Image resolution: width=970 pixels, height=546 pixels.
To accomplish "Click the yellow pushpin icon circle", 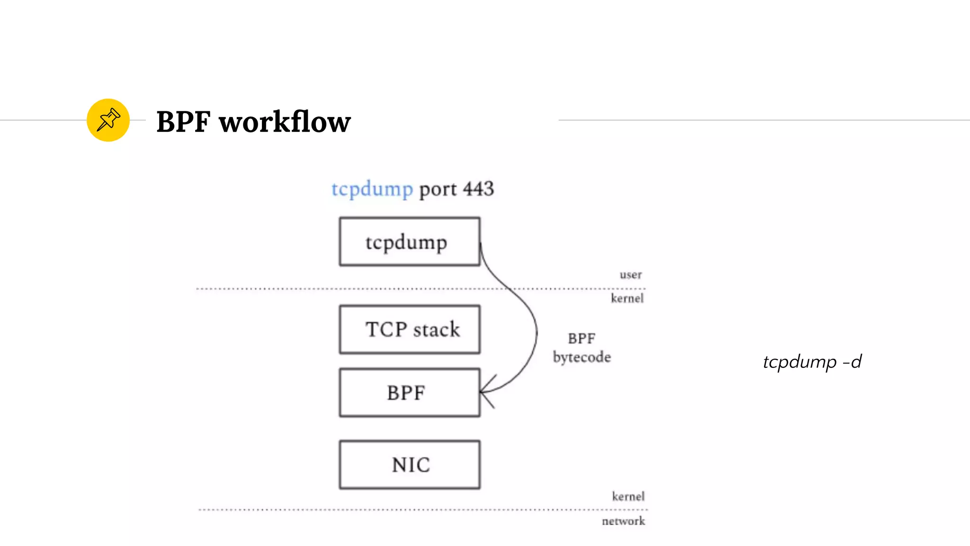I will point(108,120).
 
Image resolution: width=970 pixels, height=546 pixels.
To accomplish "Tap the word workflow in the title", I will point(284,122).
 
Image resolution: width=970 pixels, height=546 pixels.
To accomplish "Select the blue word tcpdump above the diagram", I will point(372,189).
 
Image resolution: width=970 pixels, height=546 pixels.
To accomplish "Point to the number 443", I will point(478,189).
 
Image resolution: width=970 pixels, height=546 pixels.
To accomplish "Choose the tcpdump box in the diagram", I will point(409,242).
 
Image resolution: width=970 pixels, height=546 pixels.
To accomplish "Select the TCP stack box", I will point(409,329).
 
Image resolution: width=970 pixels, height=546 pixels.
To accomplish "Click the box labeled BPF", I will point(409,393).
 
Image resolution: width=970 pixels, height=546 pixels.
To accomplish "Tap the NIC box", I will point(409,465).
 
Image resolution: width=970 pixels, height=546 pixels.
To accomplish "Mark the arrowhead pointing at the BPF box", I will point(485,391).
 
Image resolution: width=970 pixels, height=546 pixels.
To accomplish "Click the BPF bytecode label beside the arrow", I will point(582,348).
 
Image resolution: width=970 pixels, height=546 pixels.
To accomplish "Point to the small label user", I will point(630,275).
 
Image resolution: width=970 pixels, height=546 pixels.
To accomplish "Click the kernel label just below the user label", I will point(627,299).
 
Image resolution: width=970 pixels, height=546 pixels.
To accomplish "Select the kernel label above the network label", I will point(628,497).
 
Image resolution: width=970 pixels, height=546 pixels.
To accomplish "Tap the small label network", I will point(623,521).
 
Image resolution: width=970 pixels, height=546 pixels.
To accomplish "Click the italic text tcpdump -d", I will point(812,362).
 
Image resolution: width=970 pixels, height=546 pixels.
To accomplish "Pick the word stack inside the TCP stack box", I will point(436,329).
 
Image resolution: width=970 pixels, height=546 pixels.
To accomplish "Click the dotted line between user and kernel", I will point(332,289).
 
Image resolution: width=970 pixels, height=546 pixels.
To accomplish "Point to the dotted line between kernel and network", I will point(332,510).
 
